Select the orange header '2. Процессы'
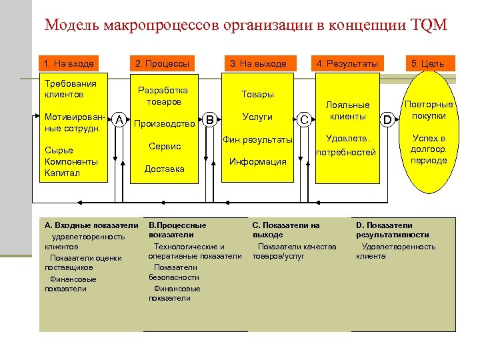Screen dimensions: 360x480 pos(162,64)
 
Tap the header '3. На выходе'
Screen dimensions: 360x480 pos(257,64)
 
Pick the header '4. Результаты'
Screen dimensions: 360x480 pos(347,64)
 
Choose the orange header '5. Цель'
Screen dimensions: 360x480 pos(427,64)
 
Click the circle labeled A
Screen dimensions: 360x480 pos(119,120)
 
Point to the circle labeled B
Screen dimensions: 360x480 pos(210,120)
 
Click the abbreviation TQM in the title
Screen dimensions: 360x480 pos(431,26)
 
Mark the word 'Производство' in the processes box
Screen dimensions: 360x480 pos(165,123)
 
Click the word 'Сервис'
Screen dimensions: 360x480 pos(165,146)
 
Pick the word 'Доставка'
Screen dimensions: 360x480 pos(165,169)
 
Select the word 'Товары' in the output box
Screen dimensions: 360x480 pos(257,95)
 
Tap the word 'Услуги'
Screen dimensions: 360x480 pos(257,117)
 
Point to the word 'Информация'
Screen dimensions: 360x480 pos(257,161)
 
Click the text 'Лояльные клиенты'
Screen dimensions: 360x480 pos(347,111)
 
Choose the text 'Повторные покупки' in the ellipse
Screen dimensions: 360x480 pos(429,110)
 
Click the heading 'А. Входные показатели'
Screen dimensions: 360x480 pos(92,226)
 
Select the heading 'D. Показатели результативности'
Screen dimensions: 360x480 pos(393,230)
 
